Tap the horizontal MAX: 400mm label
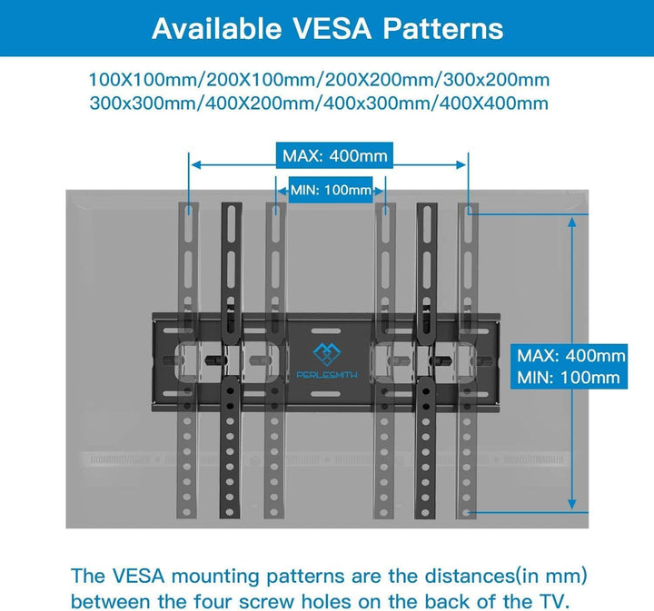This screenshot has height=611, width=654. [x=334, y=156]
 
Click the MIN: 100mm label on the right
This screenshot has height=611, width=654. [x=567, y=377]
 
